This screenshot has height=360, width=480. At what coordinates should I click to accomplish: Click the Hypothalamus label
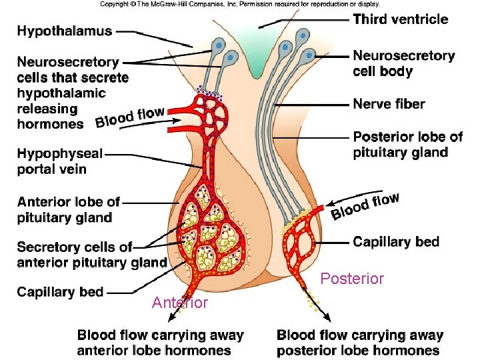coord(65,31)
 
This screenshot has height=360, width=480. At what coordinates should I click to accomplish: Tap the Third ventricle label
coord(400,19)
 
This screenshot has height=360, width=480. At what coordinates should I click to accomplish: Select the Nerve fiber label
coord(389,104)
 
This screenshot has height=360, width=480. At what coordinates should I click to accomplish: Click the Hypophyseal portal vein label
coord(60,161)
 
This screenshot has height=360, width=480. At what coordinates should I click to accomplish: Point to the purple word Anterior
coord(179,303)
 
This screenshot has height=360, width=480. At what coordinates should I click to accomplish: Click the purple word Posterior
coord(352,279)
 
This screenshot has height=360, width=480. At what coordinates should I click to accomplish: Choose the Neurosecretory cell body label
coord(403,63)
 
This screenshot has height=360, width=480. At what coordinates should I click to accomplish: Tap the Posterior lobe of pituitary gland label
coord(407,145)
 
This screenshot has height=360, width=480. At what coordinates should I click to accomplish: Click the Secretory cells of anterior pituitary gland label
coord(91,255)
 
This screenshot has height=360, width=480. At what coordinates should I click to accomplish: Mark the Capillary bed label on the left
coord(60,291)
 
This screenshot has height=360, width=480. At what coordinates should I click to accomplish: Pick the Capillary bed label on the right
coord(396,241)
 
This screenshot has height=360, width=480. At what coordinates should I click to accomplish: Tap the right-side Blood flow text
coord(365,205)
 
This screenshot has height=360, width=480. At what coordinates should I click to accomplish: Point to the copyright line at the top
coord(240,4)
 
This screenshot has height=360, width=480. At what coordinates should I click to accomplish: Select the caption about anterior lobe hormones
coord(161,343)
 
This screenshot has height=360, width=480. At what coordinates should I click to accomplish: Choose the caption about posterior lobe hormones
coord(360,343)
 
